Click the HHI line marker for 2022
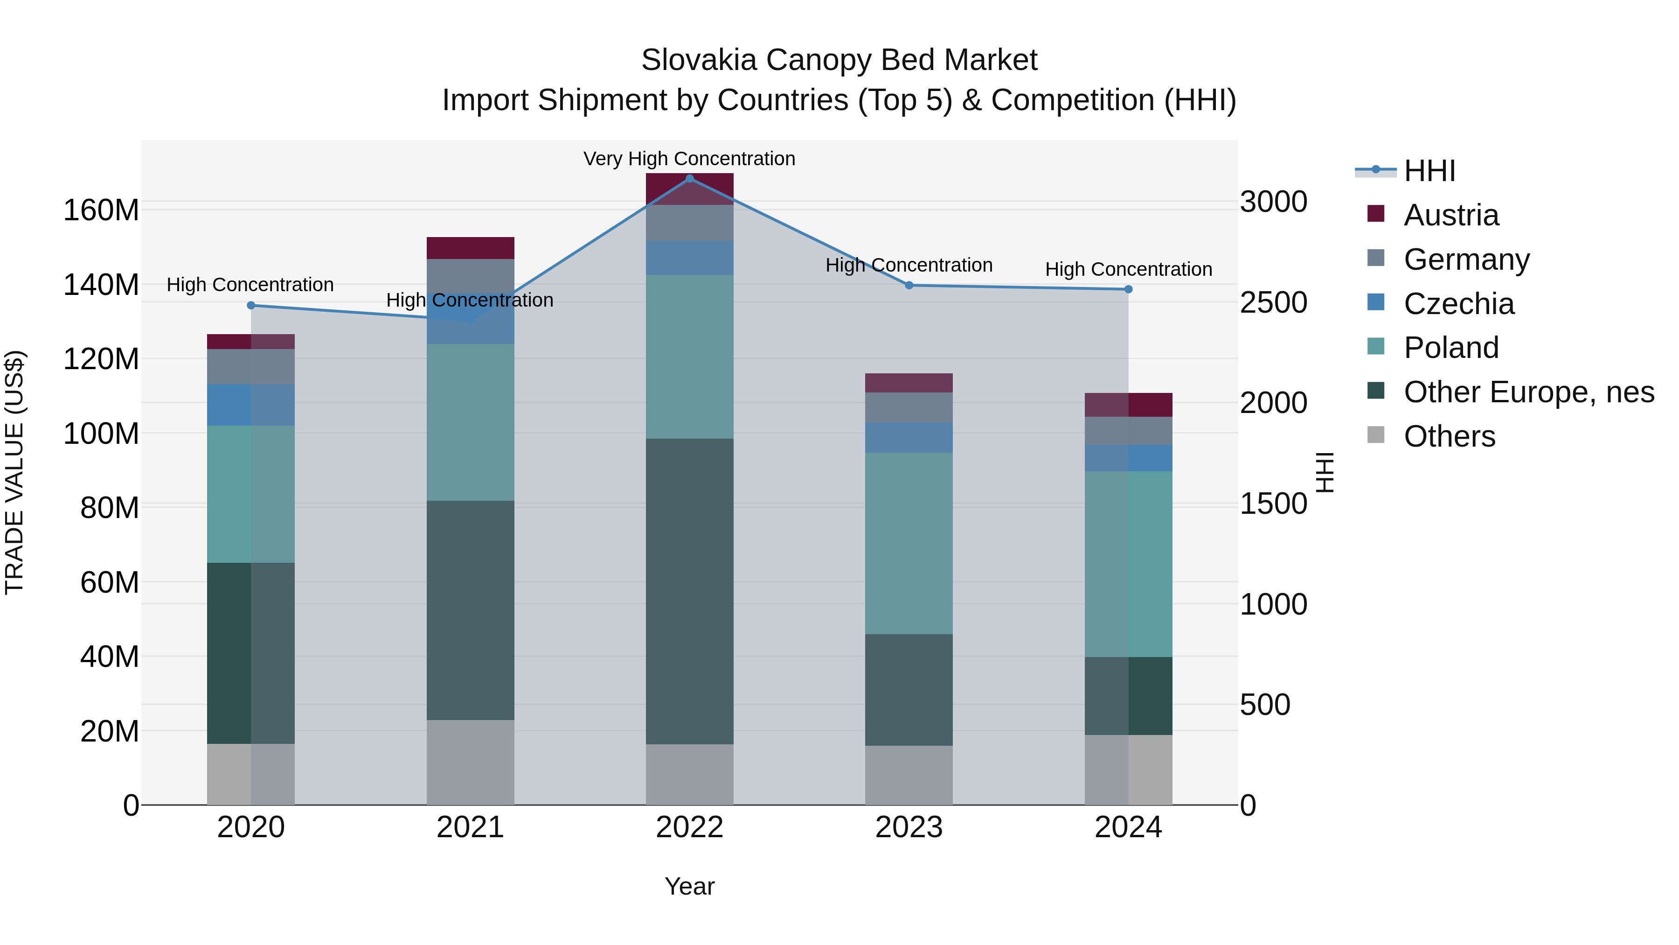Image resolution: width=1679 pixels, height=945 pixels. (690, 179)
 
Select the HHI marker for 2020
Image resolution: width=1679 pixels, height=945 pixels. (251, 305)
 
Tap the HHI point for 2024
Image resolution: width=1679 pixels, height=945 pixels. (1128, 289)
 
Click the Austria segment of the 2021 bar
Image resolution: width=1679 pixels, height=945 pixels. (470, 248)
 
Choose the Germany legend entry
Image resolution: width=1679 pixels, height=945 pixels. (1466, 259)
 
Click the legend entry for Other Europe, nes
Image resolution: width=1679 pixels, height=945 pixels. (1528, 392)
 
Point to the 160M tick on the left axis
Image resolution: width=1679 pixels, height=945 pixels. (101, 210)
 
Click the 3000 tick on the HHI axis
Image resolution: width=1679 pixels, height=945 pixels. (1273, 202)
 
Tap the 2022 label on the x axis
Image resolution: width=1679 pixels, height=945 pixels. (690, 827)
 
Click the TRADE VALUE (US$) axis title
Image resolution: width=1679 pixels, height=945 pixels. (15, 472)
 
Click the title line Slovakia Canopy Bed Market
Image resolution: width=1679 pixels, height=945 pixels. (839, 60)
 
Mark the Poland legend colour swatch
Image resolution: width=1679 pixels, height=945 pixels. (1375, 346)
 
